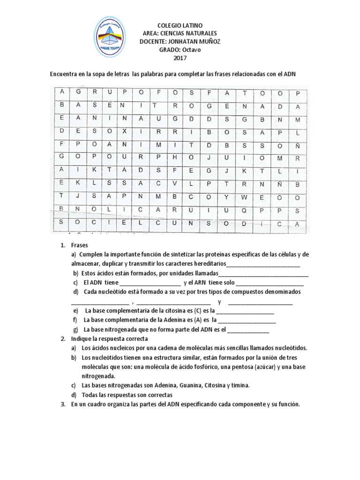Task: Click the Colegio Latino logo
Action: coord(109,37)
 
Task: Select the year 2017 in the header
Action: coord(180,58)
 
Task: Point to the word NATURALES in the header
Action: coord(197,34)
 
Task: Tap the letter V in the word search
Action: coord(175,184)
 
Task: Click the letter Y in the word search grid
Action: coord(226,197)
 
